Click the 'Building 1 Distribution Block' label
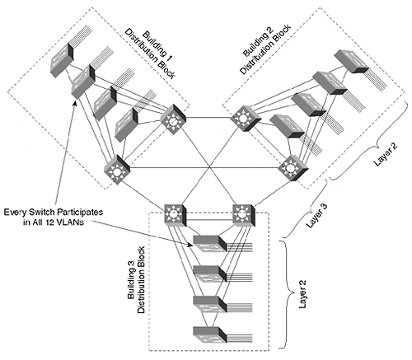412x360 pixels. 150,54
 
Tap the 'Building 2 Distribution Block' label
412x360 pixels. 265,49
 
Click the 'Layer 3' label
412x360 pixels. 316,216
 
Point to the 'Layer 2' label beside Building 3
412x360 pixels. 302,294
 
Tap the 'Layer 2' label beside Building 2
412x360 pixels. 386,154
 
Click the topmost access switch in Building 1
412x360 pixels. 62,60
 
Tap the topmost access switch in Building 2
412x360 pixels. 351,62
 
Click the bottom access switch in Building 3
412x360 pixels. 210,334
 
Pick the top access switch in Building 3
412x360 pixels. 210,244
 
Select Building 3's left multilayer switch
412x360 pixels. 176,215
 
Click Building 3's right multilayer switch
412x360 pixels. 244,215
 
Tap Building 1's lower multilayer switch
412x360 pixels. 117,170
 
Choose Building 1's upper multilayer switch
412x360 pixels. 173,119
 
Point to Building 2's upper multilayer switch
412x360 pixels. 246,119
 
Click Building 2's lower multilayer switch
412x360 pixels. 293,168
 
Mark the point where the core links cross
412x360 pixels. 210,167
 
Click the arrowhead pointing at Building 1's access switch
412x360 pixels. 74,103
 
